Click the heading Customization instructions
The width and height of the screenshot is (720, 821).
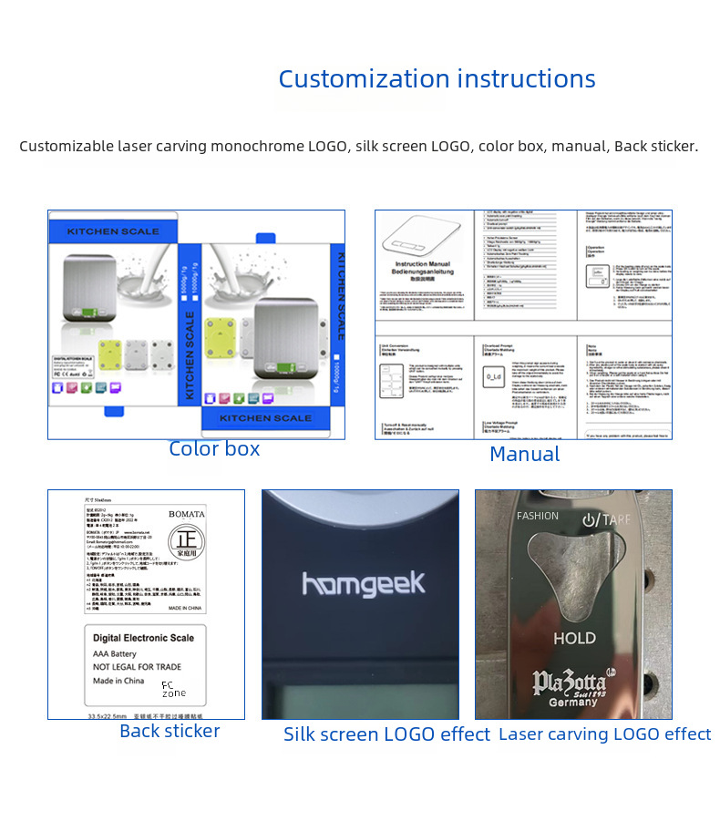pos(437,79)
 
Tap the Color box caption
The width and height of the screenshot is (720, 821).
pos(214,449)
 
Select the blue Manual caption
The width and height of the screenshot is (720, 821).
pos(524,454)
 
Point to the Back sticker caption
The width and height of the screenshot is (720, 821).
pos(170,731)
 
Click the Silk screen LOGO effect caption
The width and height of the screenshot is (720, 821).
pos(386,734)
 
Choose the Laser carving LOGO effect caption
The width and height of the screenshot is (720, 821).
pos(604,734)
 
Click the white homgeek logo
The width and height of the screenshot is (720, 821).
pos(363,584)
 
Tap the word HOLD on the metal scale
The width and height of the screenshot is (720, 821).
pos(574,639)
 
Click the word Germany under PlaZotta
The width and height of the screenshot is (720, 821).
pos(573,703)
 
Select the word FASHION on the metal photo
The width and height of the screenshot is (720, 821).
pos(538,516)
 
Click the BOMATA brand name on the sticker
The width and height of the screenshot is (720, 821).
pos(187,514)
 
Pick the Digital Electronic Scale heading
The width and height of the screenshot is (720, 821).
pos(143,639)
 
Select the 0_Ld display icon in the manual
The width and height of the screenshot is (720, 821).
pos(494,375)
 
